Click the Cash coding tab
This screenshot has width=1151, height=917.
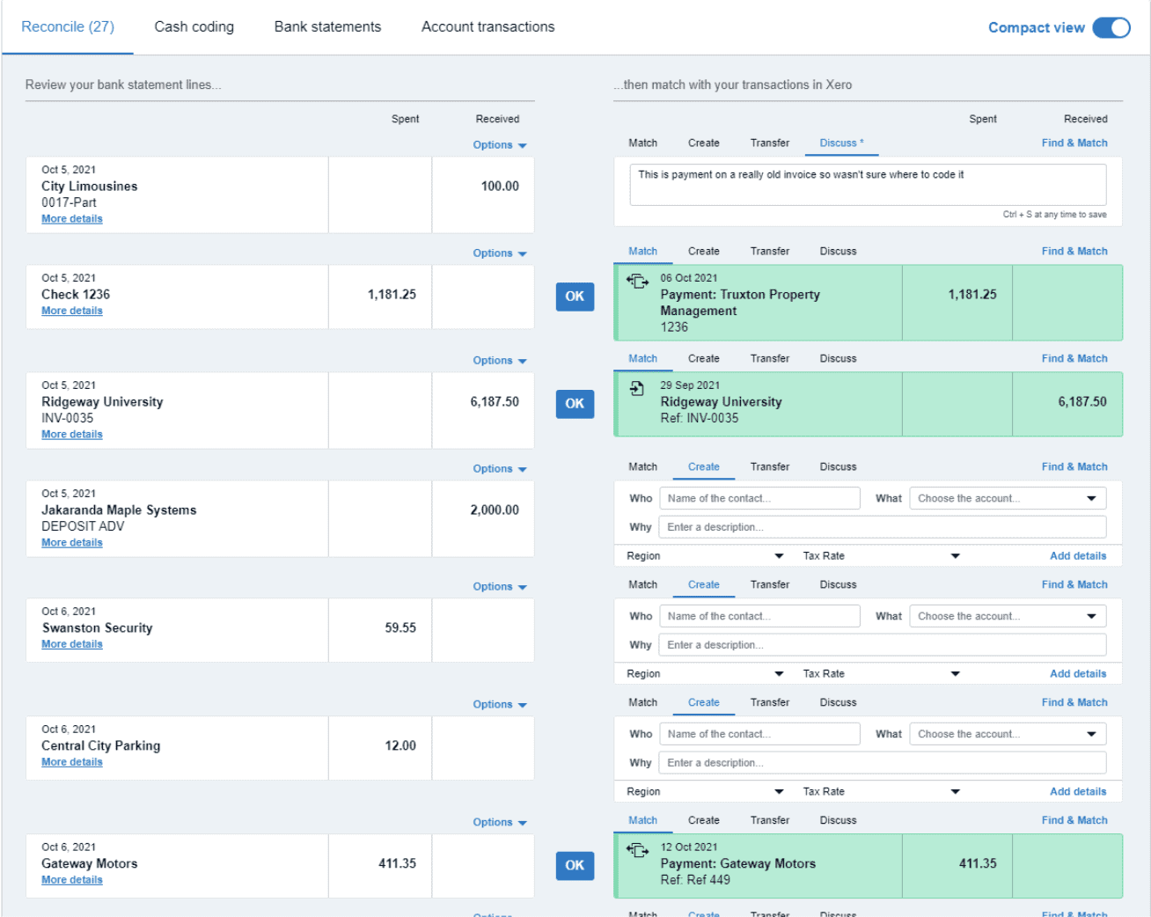point(194,26)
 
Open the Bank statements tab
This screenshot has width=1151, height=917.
point(327,26)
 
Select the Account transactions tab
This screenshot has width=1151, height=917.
point(488,26)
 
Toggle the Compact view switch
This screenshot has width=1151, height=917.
point(1111,27)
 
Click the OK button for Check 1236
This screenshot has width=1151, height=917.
point(575,297)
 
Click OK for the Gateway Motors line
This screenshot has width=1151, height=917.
point(575,865)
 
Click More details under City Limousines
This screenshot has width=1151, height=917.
point(72,219)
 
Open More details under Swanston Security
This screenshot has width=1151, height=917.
point(72,644)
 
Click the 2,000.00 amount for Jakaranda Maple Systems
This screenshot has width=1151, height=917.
point(495,510)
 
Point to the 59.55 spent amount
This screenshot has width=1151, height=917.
point(400,627)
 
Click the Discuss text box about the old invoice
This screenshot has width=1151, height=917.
point(867,184)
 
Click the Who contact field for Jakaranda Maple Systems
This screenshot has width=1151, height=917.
point(759,498)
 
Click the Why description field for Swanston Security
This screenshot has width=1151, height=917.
point(881,645)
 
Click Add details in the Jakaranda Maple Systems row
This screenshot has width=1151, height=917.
point(1077,556)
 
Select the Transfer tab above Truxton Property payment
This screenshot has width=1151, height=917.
point(769,251)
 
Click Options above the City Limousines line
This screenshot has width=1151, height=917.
point(499,145)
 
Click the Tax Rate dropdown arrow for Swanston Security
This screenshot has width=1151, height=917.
point(955,674)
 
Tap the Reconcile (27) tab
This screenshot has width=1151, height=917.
point(68,26)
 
